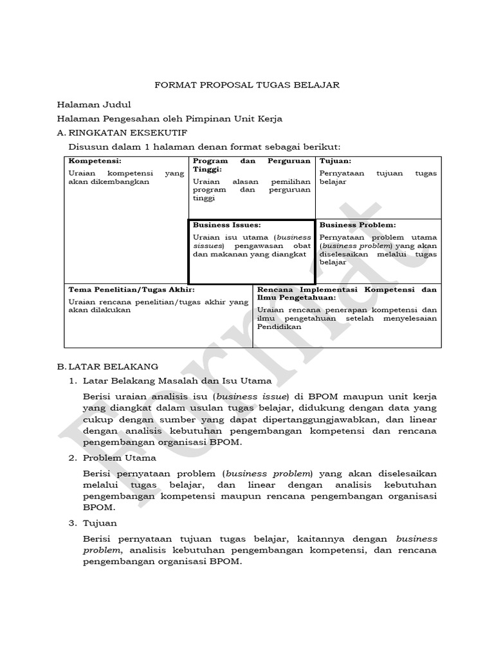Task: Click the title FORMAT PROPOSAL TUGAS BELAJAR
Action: (247, 85)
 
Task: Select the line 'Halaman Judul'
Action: (94, 104)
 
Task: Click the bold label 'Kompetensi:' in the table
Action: (95, 161)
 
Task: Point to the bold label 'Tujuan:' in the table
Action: (335, 161)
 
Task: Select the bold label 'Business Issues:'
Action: (226, 226)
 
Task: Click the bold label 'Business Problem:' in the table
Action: (358, 226)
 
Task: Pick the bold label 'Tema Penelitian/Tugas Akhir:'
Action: (132, 290)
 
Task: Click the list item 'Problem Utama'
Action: (119, 458)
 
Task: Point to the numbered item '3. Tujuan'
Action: (100, 523)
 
